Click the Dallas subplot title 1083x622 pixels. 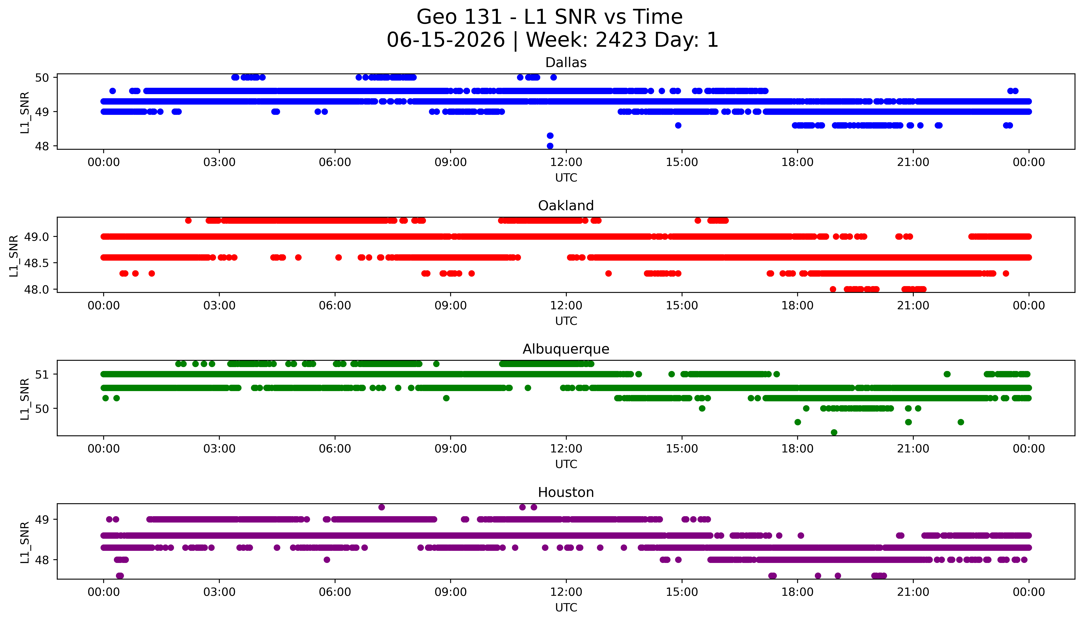(566, 63)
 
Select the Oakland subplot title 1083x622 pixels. (566, 206)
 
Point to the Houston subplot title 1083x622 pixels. (566, 493)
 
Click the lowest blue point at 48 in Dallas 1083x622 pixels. (550, 146)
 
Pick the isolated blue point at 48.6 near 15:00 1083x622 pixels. (678, 125)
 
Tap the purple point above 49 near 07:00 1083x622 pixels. (382, 507)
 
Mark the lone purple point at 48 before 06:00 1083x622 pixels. (327, 560)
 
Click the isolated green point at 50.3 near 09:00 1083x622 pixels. (446, 398)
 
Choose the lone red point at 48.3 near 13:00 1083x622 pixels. (609, 273)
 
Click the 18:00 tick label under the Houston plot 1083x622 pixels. (798, 592)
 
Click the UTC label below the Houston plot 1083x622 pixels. (566, 607)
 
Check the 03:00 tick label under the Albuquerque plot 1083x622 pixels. (219, 449)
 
